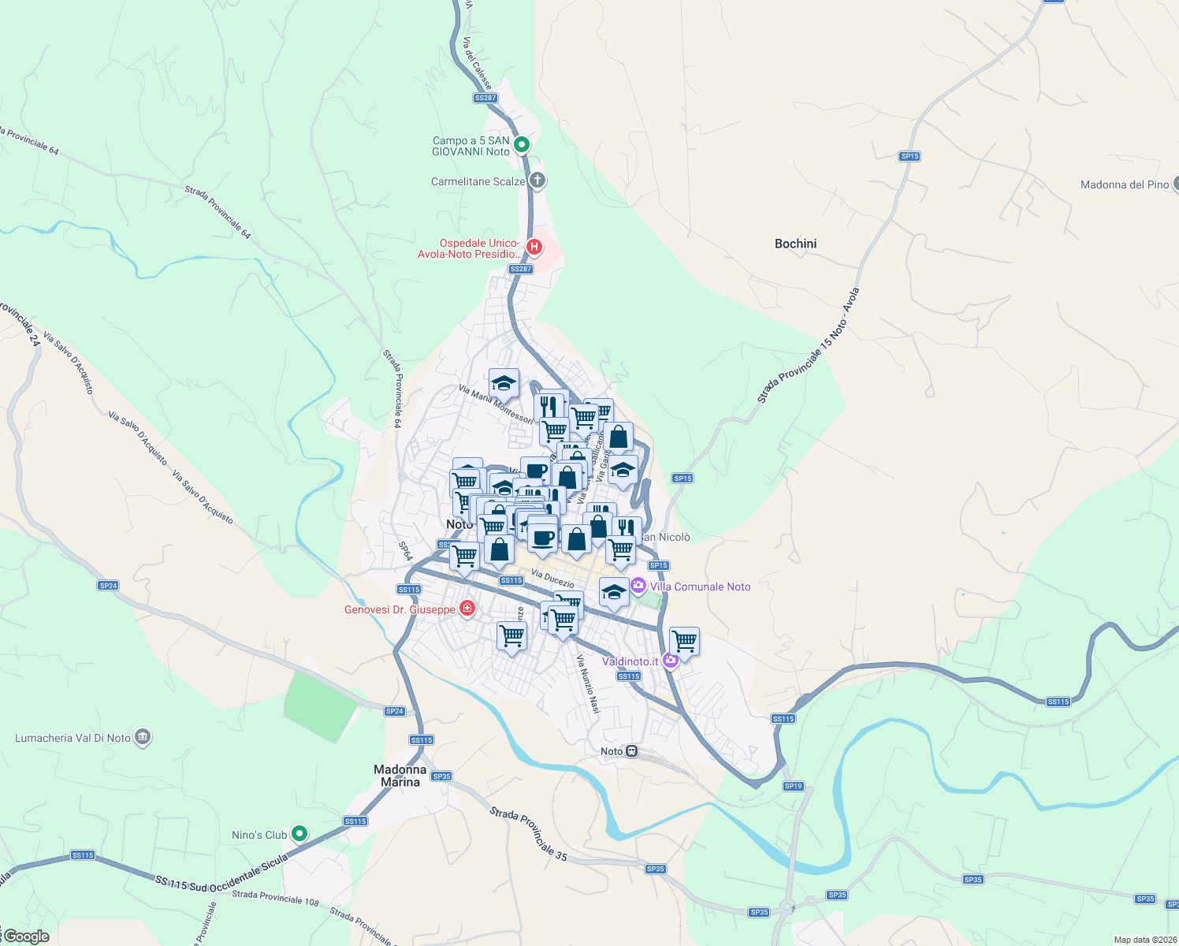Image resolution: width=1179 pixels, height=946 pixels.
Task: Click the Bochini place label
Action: [x=795, y=244]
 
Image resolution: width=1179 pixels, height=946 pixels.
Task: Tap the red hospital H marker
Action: [x=534, y=248]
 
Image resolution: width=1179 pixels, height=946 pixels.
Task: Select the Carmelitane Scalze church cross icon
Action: [x=537, y=181]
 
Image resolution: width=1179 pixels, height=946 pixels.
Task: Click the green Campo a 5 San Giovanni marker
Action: [x=521, y=145]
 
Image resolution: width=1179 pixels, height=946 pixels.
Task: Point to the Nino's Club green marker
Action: [x=299, y=833]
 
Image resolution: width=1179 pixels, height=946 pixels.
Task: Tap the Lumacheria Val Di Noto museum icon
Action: [x=143, y=738]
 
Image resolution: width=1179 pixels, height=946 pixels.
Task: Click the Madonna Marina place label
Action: [x=400, y=776]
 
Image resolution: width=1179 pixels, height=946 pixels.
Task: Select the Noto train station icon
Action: [x=632, y=751]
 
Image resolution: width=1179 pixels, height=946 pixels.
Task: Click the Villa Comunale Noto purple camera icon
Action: [x=638, y=587]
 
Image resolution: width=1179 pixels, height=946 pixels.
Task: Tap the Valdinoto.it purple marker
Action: [x=671, y=661]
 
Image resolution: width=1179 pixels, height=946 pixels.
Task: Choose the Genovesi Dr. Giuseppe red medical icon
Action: [x=467, y=609]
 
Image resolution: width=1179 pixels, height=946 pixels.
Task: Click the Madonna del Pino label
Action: [x=1125, y=184]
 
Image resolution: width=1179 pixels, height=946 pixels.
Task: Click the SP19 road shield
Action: [x=793, y=786]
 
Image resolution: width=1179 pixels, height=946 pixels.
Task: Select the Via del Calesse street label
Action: [x=477, y=62]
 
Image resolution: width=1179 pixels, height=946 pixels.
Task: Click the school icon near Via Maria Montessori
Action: [x=504, y=383]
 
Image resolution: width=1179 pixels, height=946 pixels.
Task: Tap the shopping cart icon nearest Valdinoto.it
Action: [x=684, y=641]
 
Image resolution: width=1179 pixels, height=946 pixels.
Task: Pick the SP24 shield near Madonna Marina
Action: [x=395, y=711]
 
